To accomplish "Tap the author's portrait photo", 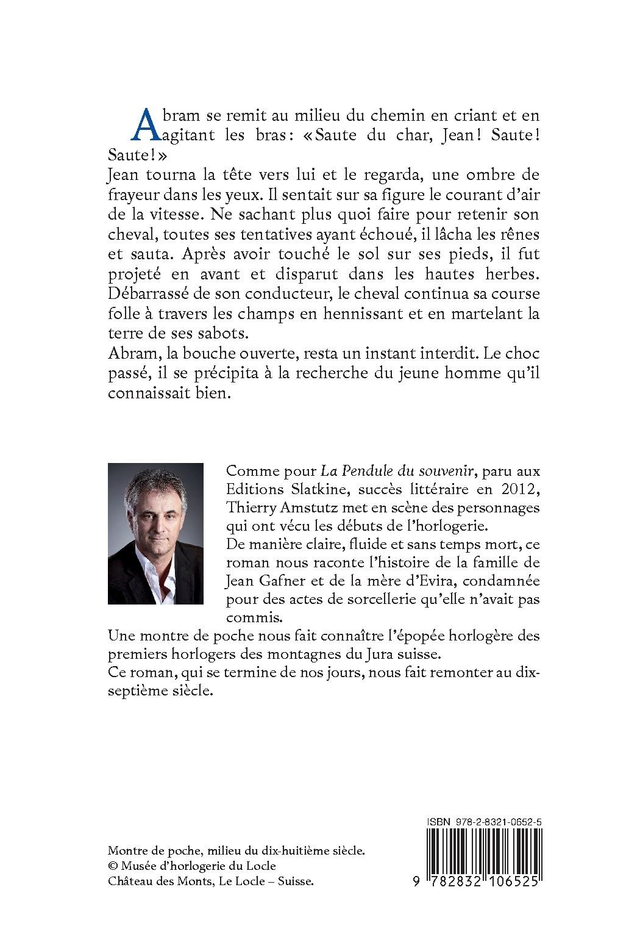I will (155, 534).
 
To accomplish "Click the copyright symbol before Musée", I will (113, 866).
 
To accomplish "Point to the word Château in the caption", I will (129, 881).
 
